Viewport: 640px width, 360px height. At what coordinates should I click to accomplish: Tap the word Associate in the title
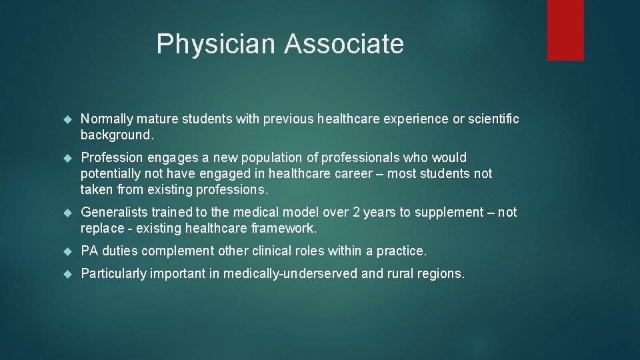344,45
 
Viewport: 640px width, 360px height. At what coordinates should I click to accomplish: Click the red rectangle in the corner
565,30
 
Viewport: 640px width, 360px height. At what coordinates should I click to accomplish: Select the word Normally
107,119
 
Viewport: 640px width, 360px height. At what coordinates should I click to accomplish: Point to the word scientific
493,119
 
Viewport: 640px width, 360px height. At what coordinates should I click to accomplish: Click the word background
116,135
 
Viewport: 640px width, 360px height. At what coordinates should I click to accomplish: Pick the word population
285,158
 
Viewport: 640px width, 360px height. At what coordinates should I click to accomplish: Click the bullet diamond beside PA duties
66,251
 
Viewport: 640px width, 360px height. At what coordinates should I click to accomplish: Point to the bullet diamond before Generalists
66,213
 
